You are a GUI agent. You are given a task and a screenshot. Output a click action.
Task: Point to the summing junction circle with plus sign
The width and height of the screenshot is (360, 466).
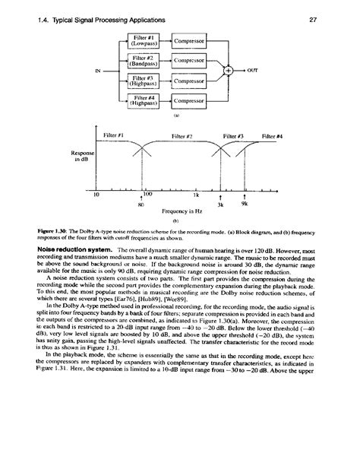point(227,70)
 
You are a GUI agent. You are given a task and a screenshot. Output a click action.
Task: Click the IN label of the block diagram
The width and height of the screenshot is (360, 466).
point(96,71)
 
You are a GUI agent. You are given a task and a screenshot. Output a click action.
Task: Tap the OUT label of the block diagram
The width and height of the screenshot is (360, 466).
point(252,70)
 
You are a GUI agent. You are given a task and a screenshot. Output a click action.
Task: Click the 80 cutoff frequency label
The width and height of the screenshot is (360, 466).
point(141,204)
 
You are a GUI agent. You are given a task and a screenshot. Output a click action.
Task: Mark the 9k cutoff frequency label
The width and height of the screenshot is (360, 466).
point(245,204)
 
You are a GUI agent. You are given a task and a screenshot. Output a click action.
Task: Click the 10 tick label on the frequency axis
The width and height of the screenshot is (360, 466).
point(96,195)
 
